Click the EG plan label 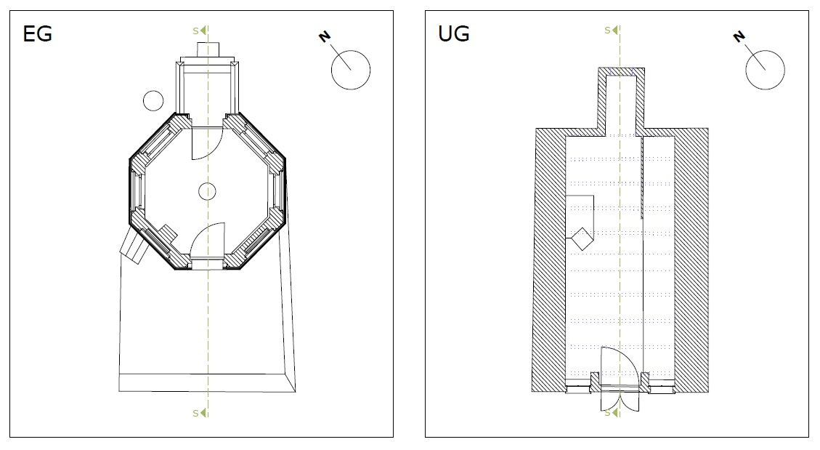coord(37,34)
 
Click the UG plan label coord(453,34)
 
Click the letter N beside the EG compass coord(325,36)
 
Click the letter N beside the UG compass coord(739,36)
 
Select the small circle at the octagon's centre coord(208,192)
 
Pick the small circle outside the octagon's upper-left coord(153,100)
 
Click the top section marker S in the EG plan coord(195,31)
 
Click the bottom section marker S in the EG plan coord(195,414)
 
